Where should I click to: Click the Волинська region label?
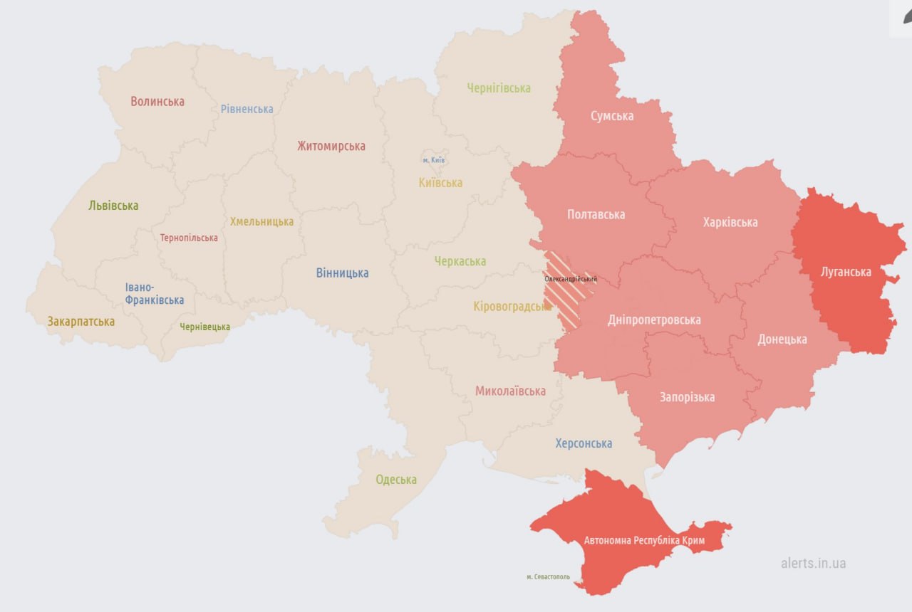(157, 102)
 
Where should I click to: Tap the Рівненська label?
(247, 109)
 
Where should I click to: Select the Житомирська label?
(331, 147)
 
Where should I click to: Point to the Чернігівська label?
(499, 88)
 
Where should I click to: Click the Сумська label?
(612, 116)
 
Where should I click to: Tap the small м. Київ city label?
(433, 160)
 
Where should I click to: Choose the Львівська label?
(113, 206)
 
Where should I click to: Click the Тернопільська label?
(189, 238)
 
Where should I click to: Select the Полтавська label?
(596, 214)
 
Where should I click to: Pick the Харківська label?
(730, 222)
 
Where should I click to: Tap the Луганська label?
(846, 272)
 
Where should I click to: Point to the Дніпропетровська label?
(654, 320)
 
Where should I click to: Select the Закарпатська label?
(81, 322)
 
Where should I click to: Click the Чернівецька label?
(204, 327)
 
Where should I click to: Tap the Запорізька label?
(687, 397)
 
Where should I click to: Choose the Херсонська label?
(584, 443)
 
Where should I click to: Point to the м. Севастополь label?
(548, 576)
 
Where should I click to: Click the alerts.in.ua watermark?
(813, 563)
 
